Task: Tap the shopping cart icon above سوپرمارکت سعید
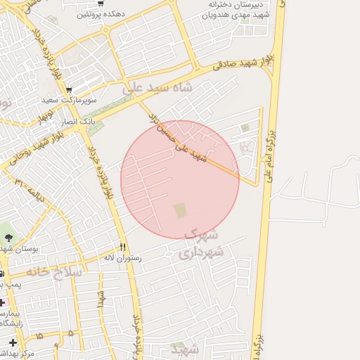tap(69, 90)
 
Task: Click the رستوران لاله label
tap(122, 258)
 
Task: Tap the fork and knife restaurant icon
tap(123, 247)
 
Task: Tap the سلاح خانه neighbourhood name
tap(56, 271)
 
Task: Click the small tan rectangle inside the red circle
tap(181, 210)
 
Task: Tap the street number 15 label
tap(38, 336)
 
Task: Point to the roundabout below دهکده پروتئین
tap(106, 31)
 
